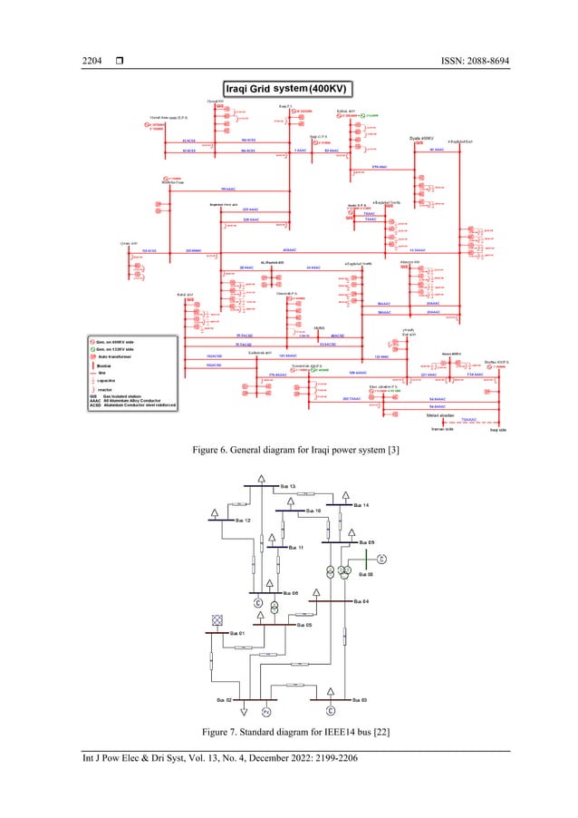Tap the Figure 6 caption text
(289, 448)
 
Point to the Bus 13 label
(287, 487)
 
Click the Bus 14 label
(361, 504)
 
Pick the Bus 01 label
(236, 632)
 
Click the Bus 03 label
(358, 700)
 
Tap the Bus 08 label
(365, 573)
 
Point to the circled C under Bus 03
(331, 708)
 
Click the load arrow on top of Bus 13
(262, 478)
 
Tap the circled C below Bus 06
(258, 604)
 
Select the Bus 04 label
(360, 601)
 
